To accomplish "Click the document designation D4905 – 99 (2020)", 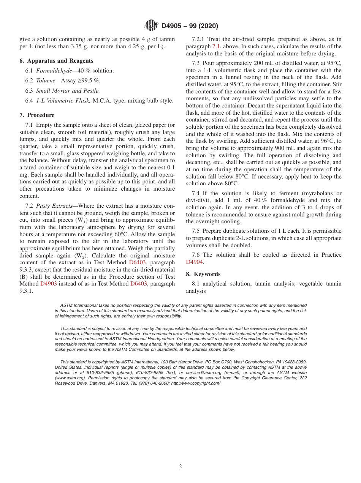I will tap(190, 26).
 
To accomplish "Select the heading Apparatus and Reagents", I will tap(60, 61).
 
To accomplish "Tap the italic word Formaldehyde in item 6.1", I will tap(54, 71).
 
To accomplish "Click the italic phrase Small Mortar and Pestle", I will tap(68, 90).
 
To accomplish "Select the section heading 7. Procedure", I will tap(37, 115).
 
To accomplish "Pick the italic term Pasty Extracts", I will tap(54, 205).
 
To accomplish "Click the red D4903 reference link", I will tap(49, 284).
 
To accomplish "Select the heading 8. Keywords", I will tap(203, 274).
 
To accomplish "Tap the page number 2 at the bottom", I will tap(180, 467).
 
